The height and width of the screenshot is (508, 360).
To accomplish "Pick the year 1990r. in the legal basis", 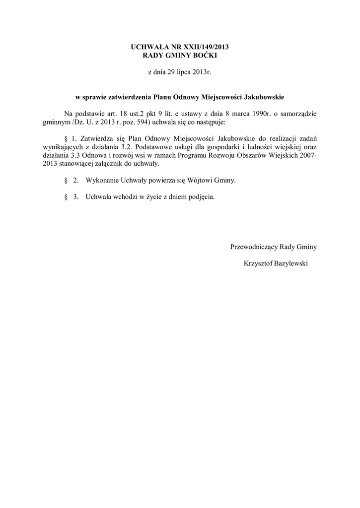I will pyautogui.click(x=253, y=113).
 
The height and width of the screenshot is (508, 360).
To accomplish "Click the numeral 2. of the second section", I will pyautogui.click(x=76, y=181).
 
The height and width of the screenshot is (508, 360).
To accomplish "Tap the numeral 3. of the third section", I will pyautogui.click(x=76, y=197).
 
